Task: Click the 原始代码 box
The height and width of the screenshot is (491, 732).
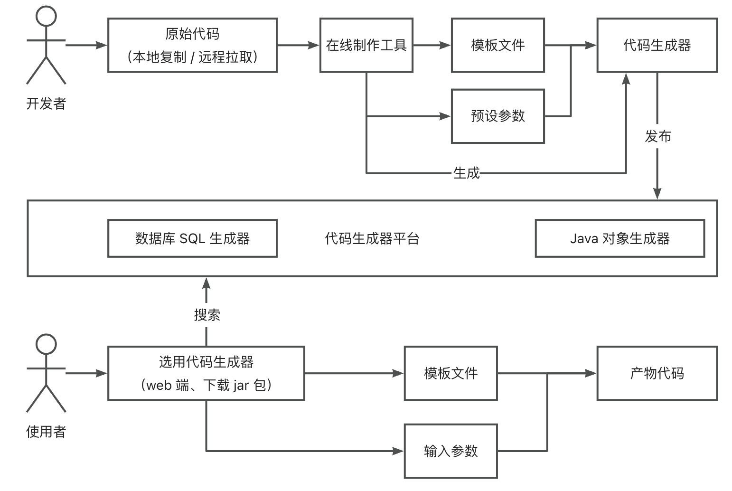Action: point(192,45)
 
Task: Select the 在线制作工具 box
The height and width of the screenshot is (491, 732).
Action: point(366,45)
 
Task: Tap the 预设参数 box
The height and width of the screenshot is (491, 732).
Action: point(497,116)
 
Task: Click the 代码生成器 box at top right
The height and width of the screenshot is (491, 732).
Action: point(657,45)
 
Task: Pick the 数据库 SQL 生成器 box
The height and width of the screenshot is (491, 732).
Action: point(192,238)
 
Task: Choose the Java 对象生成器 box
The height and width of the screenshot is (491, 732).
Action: point(619,238)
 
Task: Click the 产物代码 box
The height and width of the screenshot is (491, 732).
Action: point(657,373)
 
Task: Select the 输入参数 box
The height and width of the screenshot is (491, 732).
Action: point(450,451)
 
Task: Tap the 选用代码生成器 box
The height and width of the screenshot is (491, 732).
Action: point(206,373)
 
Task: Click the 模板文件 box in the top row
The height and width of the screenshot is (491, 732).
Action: point(497,45)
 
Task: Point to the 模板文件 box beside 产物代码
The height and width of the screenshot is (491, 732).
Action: point(450,373)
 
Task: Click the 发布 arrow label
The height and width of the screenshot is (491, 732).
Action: point(657,137)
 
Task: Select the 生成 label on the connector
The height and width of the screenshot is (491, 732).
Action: point(466,173)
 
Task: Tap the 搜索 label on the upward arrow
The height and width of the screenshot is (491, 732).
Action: point(207,315)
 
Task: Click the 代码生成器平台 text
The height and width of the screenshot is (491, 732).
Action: point(372,238)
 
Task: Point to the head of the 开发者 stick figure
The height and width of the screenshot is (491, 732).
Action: point(46,16)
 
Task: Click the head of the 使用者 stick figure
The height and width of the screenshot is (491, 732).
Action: point(46,344)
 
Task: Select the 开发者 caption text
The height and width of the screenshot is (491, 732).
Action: point(46,104)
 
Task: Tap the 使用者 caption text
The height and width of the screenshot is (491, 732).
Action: point(46,432)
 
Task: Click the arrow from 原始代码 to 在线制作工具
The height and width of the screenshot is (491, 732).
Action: point(298,45)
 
